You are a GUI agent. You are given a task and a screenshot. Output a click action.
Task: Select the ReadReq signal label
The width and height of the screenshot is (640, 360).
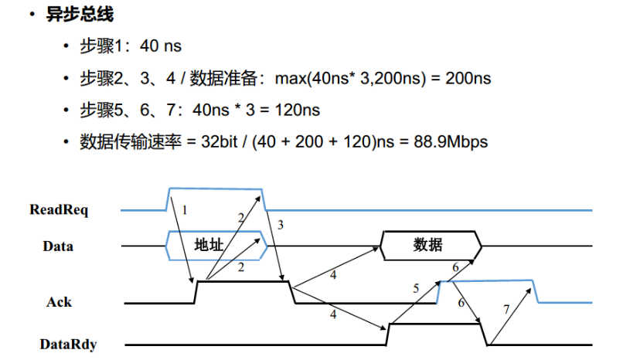click(x=59, y=209)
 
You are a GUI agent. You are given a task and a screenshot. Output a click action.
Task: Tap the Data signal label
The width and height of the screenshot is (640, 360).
click(x=59, y=246)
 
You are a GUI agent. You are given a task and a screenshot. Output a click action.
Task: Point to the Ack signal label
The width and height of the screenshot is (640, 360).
click(x=59, y=301)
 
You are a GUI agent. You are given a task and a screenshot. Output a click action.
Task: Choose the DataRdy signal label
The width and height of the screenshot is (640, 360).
click(x=69, y=344)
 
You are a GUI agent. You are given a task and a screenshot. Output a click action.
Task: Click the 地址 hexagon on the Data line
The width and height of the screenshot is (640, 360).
click(x=209, y=245)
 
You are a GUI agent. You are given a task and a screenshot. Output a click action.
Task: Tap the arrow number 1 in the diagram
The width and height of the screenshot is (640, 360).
click(x=185, y=209)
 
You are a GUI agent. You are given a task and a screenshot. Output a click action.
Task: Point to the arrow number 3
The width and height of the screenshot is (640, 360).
click(x=281, y=225)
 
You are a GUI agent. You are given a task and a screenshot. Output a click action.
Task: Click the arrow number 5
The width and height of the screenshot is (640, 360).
click(x=416, y=288)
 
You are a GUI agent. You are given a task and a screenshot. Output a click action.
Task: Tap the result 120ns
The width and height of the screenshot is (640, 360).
click(x=295, y=110)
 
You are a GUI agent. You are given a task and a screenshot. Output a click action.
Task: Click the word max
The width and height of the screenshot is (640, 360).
click(x=291, y=78)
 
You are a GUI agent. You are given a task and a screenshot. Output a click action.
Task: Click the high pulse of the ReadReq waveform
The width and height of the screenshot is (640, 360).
click(x=216, y=188)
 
